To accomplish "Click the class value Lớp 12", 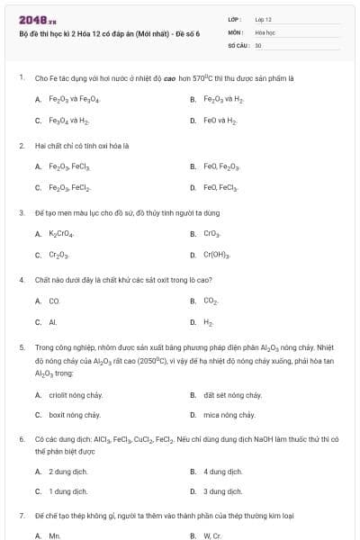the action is tap(263, 19).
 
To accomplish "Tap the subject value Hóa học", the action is tap(265, 31).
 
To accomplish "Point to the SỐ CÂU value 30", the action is tap(258, 44).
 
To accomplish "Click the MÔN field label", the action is tap(235, 31).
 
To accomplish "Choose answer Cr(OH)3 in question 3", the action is tap(218, 255).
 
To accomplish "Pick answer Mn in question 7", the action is tap(54, 535).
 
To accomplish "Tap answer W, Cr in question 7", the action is tap(212, 535).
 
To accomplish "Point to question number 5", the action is tap(22, 346).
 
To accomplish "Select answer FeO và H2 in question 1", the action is tap(220, 120).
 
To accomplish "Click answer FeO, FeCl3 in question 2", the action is tap(220, 187).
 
